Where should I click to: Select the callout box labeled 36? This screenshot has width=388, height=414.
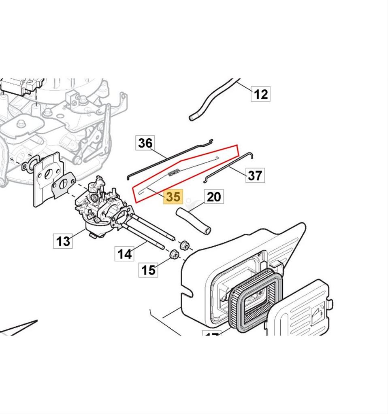(x=145, y=143)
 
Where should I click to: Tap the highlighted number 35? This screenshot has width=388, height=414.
(x=173, y=197)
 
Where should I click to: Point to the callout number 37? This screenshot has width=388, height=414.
(x=254, y=175)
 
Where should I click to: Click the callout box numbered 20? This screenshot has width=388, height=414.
(x=214, y=197)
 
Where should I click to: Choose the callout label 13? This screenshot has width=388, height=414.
(x=63, y=241)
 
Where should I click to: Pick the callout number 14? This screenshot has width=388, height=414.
(x=125, y=254)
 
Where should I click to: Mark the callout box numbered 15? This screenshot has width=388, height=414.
(x=149, y=270)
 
